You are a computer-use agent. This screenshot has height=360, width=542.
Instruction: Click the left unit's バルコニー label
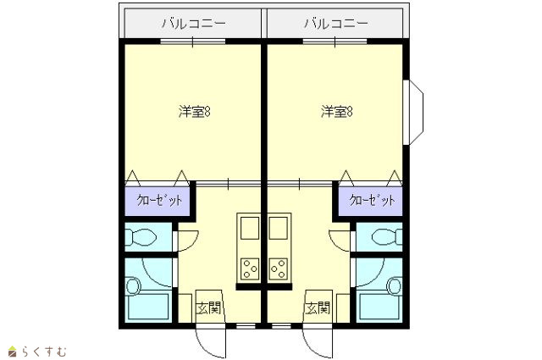click(x=194, y=24)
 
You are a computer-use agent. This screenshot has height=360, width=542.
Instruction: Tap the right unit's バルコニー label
click(x=336, y=24)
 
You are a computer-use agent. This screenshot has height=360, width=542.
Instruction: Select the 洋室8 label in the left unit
click(x=195, y=112)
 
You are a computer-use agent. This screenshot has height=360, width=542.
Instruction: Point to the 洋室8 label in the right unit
click(x=337, y=112)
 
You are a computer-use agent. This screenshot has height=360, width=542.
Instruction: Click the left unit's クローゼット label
click(x=159, y=200)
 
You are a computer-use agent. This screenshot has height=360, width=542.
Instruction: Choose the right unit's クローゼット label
click(x=372, y=200)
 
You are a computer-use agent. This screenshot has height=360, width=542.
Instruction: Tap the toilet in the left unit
click(x=141, y=237)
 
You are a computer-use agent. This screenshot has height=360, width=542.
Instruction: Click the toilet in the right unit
click(x=387, y=237)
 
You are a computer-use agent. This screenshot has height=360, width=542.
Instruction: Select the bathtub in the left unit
click(x=148, y=307)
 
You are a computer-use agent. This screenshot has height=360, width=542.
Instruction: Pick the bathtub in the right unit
click(x=379, y=307)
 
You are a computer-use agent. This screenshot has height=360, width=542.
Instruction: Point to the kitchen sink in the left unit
click(x=250, y=228)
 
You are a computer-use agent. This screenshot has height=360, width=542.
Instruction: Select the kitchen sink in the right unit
click(x=279, y=228)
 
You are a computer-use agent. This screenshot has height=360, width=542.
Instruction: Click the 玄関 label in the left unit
click(x=208, y=308)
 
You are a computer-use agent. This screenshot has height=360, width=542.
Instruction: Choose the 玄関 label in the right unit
click(x=318, y=308)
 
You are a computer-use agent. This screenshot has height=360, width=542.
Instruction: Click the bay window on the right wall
click(x=413, y=113)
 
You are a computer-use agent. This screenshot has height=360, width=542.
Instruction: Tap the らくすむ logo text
click(x=44, y=352)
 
